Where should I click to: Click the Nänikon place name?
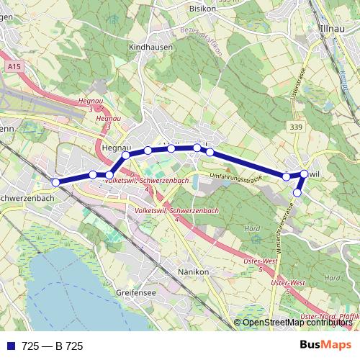(x=192, y=272)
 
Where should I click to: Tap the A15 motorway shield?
(x=12, y=67)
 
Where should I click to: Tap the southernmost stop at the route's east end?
(x=297, y=192)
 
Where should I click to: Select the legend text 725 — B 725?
(x=53, y=346)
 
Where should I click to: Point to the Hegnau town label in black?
(x=115, y=146)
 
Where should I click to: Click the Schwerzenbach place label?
(x=27, y=198)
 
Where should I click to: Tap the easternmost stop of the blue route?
(x=305, y=174)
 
